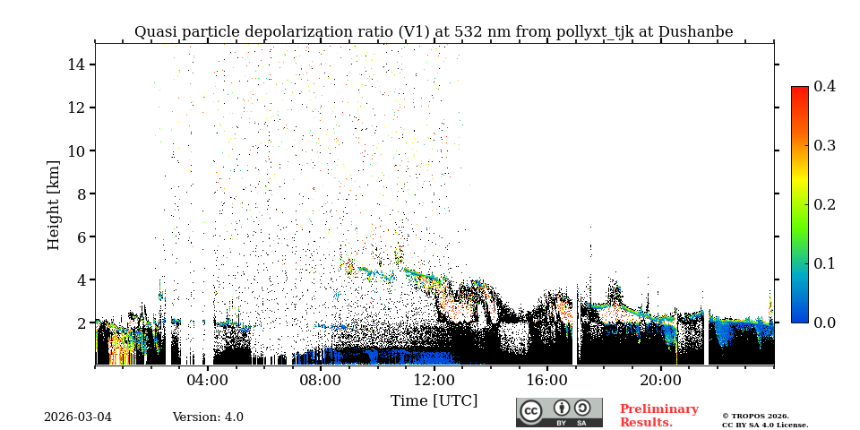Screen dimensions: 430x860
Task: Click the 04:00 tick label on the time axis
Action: click(207, 380)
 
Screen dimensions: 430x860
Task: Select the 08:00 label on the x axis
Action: click(320, 380)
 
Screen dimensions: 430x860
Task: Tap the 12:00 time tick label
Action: click(434, 380)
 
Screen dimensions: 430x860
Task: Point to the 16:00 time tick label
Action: click(546, 380)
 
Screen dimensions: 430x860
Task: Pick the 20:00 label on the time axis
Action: click(660, 380)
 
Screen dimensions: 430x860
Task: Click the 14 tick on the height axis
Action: click(75, 64)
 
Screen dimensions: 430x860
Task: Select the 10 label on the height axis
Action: click(75, 150)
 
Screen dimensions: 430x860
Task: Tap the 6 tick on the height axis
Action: click(80, 236)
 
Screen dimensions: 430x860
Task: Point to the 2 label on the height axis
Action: click(80, 322)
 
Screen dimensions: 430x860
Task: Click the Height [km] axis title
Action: click(54, 204)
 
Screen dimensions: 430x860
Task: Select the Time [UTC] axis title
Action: click(434, 401)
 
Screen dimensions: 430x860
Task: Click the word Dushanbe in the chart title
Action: click(695, 32)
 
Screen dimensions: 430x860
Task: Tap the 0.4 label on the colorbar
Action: click(824, 86)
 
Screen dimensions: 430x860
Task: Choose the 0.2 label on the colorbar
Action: click(824, 204)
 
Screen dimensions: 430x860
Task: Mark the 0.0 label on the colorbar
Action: click(824, 322)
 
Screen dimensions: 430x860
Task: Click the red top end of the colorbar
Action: click(799, 90)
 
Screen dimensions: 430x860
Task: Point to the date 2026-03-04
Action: click(78, 417)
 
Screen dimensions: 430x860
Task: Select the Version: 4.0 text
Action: click(208, 417)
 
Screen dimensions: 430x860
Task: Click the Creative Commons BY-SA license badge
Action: click(559, 412)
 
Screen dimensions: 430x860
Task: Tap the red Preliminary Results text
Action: click(658, 416)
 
